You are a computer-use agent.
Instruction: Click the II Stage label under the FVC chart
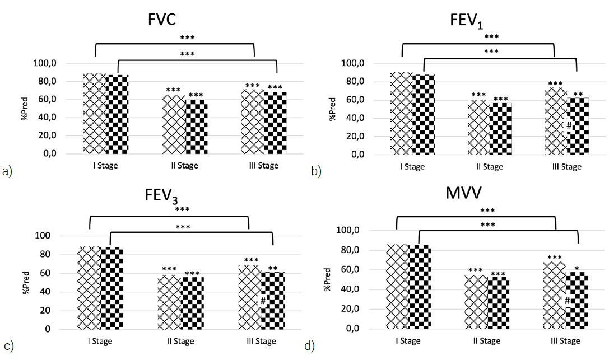[185, 166]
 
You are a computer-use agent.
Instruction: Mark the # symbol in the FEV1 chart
[568, 125]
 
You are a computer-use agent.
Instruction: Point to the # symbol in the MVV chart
[567, 301]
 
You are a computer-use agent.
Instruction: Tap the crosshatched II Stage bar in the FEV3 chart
[169, 302]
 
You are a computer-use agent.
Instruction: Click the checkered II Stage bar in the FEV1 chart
[500, 128]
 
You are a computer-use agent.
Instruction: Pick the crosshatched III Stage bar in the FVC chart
[252, 121]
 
